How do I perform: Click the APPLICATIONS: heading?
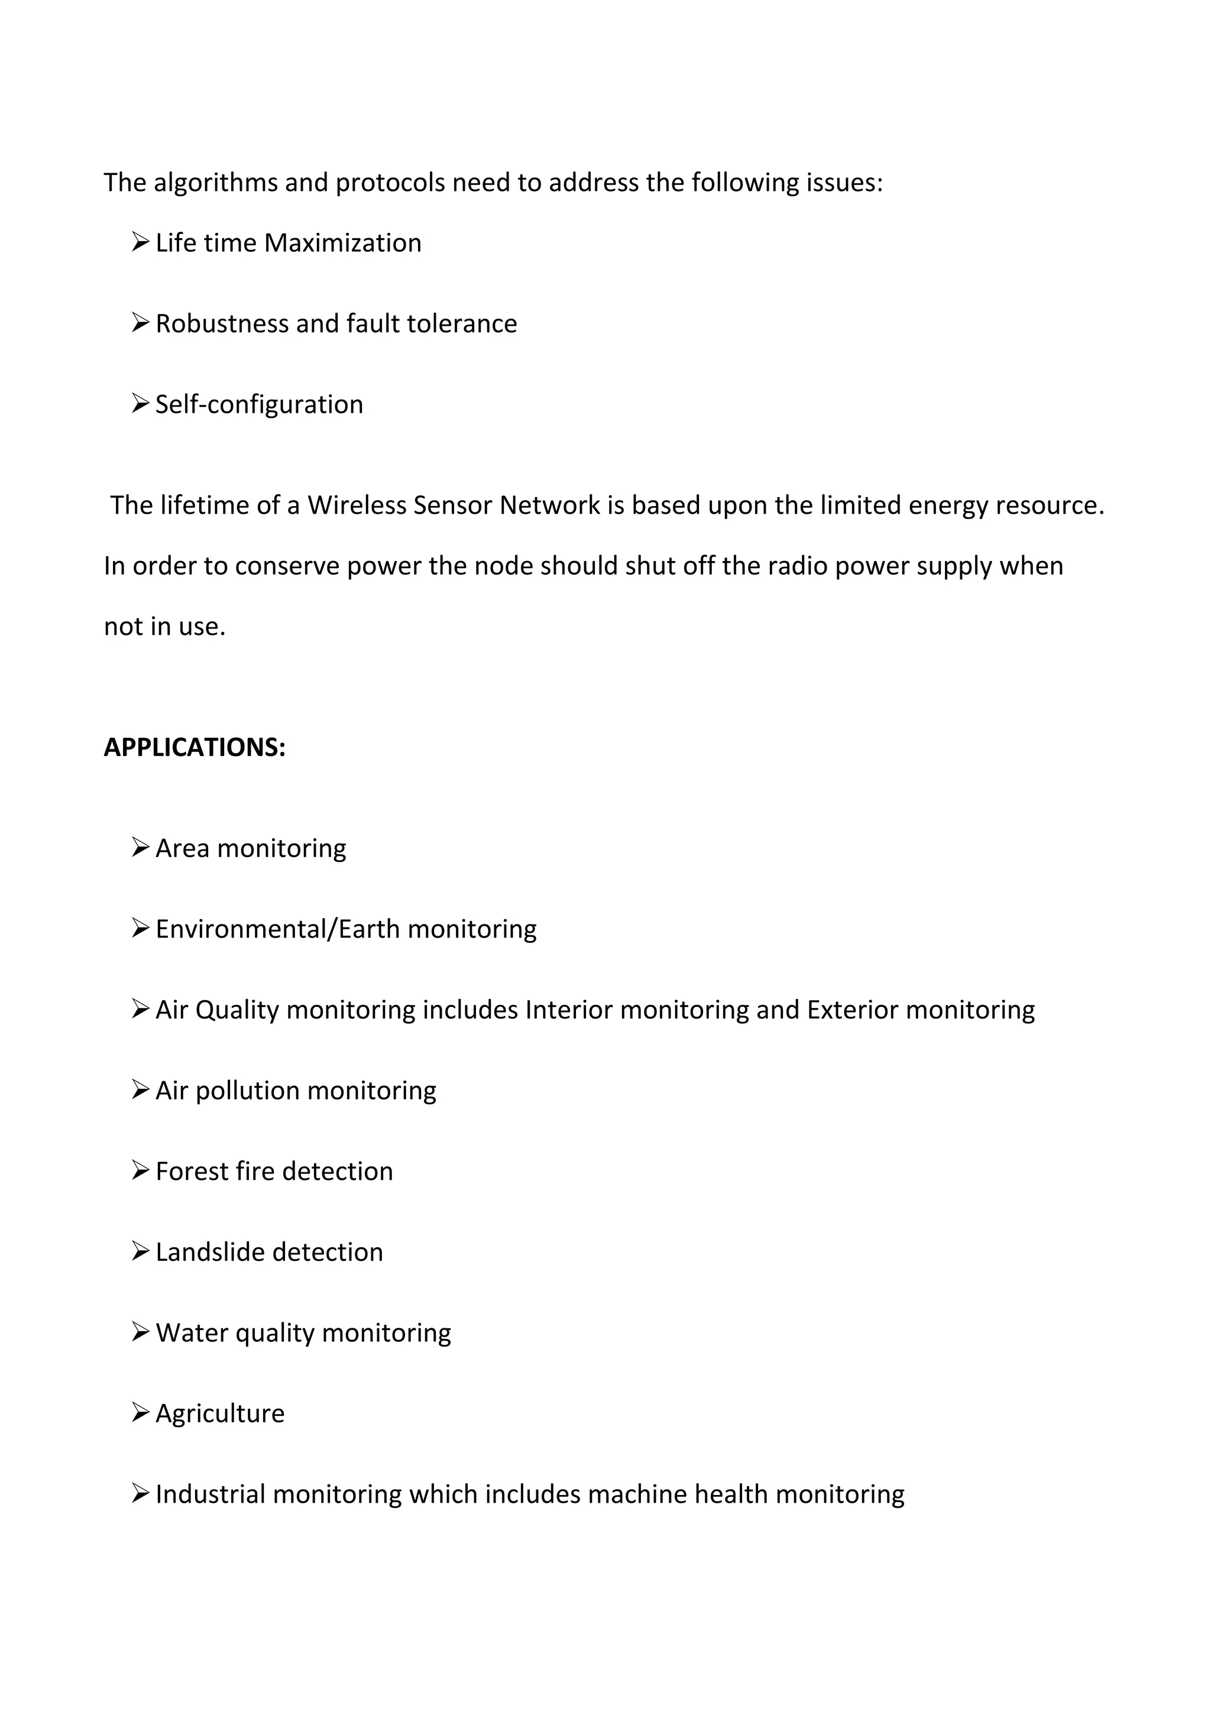195,747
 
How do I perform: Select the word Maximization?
342,243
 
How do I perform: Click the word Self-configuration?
259,404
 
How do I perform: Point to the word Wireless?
357,505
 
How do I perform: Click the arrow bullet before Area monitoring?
140,847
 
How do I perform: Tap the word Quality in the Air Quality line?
237,1010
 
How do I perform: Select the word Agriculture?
220,1413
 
